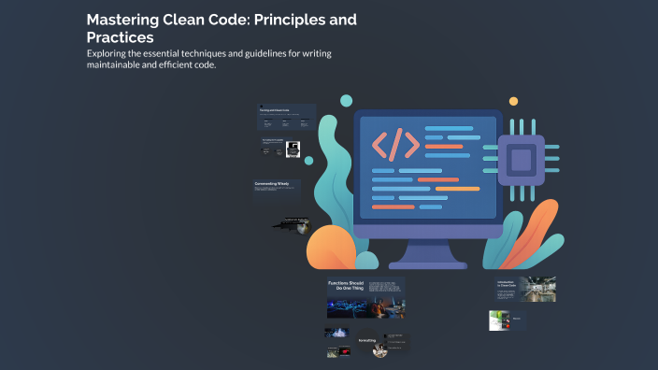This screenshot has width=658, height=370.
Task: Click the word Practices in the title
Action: pyautogui.click(x=121, y=37)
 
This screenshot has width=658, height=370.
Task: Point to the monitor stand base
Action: pyautogui.click(x=428, y=263)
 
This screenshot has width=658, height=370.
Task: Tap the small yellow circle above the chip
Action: pyautogui.click(x=513, y=101)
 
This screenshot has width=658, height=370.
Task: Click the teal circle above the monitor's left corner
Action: pyautogui.click(x=346, y=100)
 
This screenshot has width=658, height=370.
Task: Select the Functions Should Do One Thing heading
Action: pyautogui.click(x=343, y=286)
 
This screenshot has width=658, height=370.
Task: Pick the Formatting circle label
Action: pyautogui.click(x=367, y=341)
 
